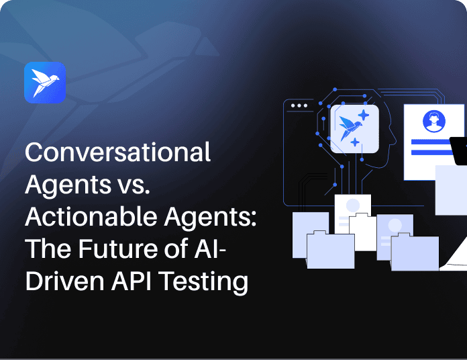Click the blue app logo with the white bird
pyautogui.click(x=45, y=82)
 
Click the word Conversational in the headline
pyautogui.click(x=117, y=152)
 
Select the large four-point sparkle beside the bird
pyautogui.click(x=364, y=115)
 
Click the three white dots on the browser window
pyautogui.click(x=299, y=106)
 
